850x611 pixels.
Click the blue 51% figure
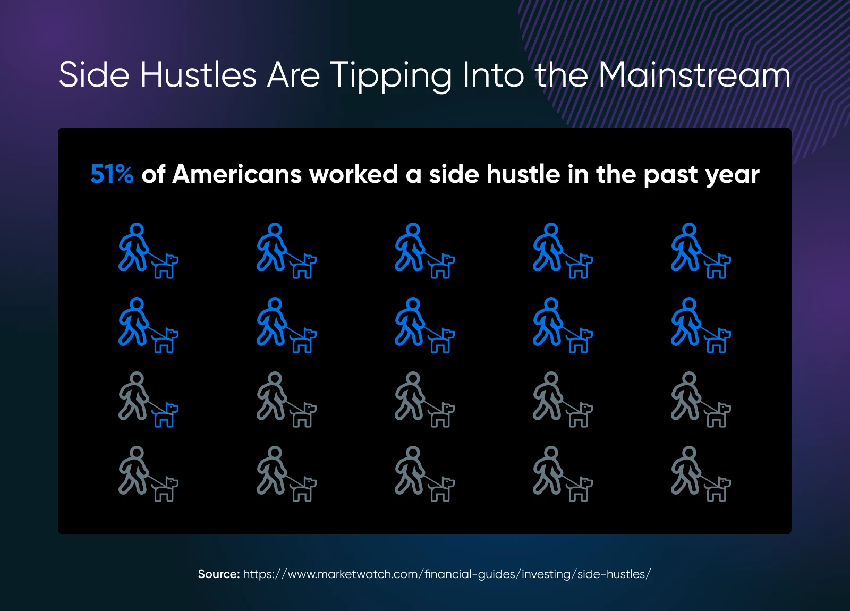pyautogui.click(x=112, y=174)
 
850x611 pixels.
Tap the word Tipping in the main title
pyautogui.click(x=390, y=75)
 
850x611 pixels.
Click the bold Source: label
pyautogui.click(x=218, y=574)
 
